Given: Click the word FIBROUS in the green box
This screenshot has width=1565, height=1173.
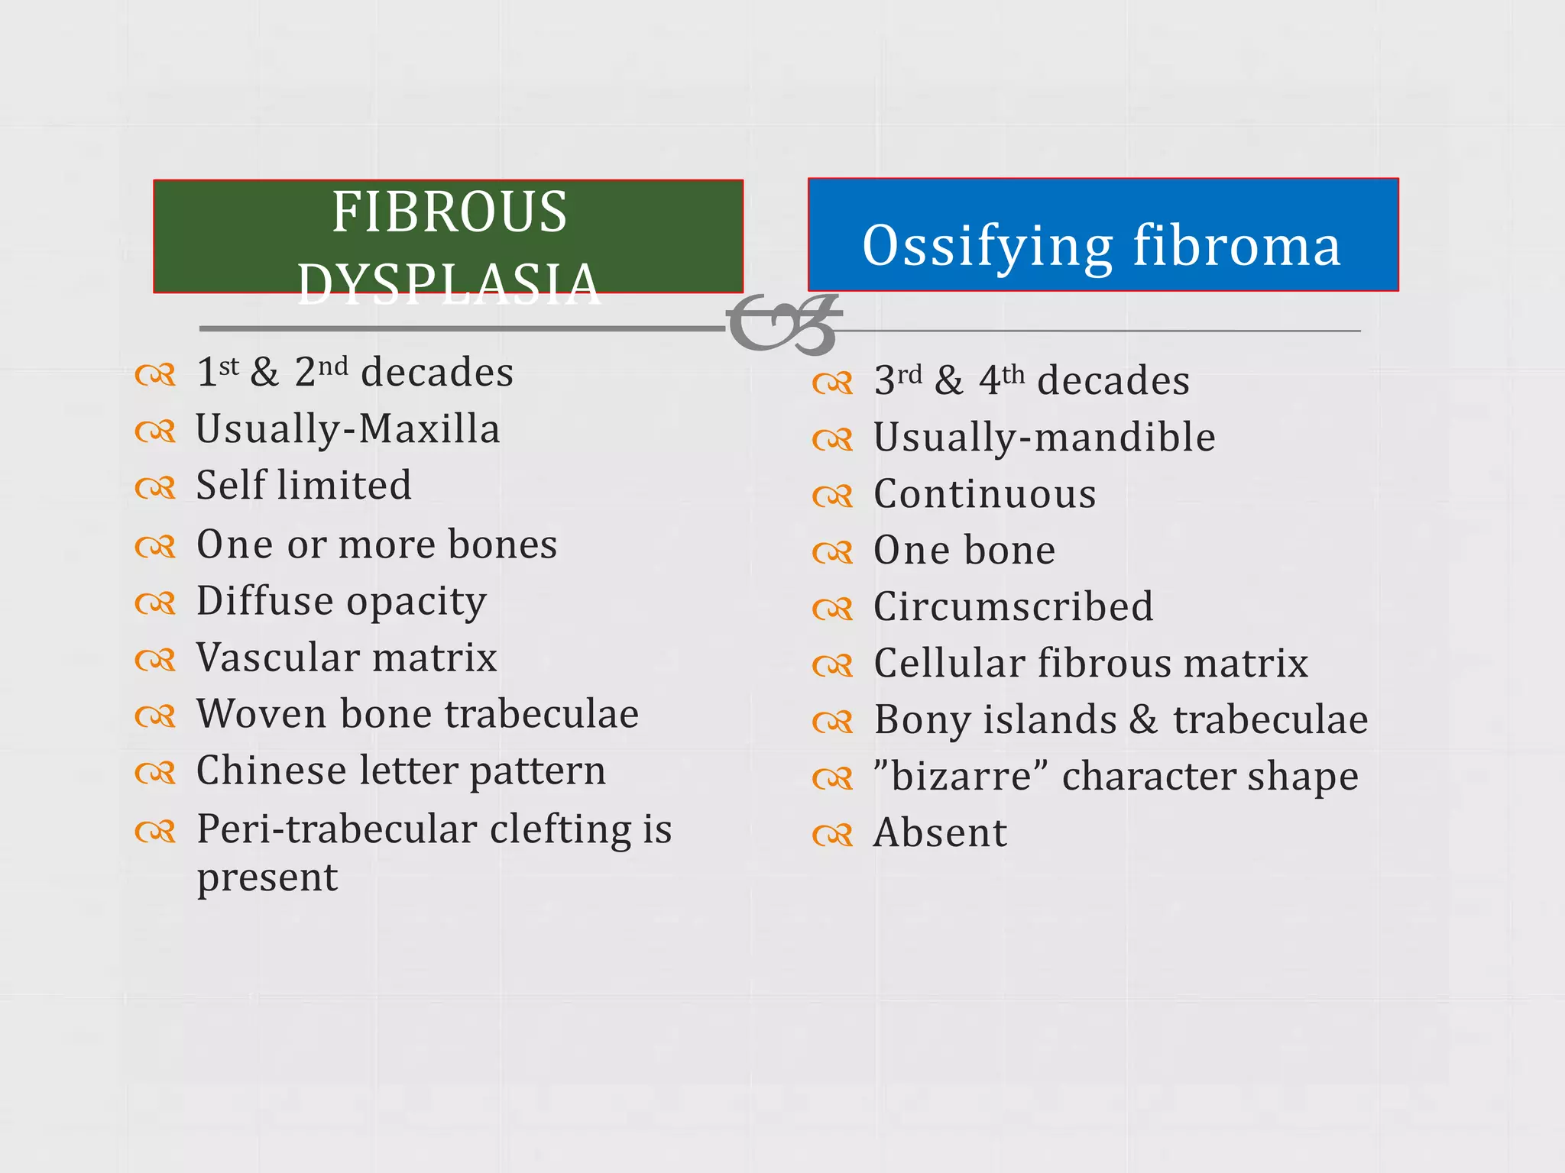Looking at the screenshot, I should (x=449, y=212).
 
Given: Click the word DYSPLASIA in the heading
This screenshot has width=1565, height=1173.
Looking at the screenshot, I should (x=449, y=283).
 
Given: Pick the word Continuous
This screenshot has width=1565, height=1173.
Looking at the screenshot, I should (x=985, y=494).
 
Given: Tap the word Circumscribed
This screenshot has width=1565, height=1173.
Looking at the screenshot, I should (x=1013, y=607).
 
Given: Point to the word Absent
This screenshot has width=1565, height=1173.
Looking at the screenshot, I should (x=940, y=833).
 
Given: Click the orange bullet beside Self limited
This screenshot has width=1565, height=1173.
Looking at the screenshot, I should (x=155, y=487).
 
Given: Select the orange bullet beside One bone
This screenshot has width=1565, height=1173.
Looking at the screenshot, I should (x=832, y=552).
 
